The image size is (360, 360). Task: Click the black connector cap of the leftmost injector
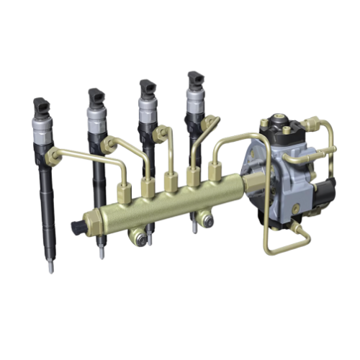42,106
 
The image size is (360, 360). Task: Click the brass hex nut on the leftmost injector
51,155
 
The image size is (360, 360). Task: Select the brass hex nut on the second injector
109,145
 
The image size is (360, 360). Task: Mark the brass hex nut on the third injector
161,132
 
